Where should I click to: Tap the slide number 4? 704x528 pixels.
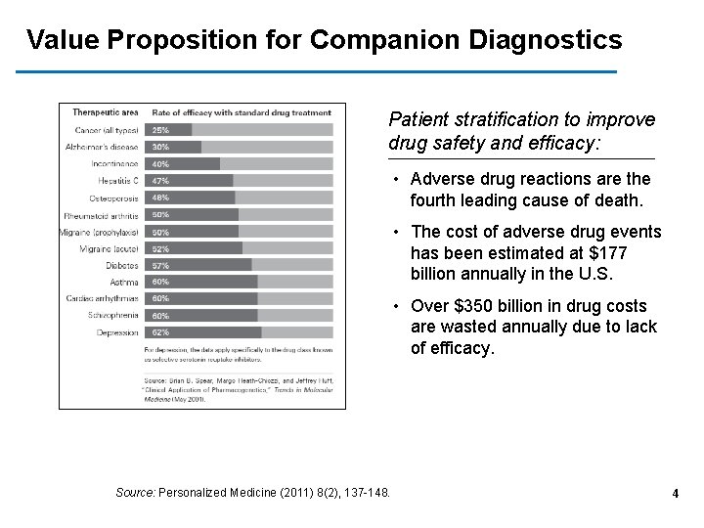click(675, 494)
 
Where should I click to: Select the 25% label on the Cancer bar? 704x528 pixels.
click(159, 130)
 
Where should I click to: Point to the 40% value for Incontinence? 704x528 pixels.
click(159, 164)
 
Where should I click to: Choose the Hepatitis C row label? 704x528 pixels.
click(118, 181)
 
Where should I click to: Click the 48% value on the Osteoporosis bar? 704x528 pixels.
click(159, 198)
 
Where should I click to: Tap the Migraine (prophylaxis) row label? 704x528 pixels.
click(101, 232)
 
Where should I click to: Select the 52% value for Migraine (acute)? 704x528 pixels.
click(159, 248)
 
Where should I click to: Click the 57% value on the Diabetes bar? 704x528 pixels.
click(159, 265)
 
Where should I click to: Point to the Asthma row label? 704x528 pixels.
click(124, 282)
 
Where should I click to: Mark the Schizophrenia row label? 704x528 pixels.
click(112, 316)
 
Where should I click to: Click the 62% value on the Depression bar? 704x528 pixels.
click(159, 332)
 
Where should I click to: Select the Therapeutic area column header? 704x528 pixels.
click(105, 112)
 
